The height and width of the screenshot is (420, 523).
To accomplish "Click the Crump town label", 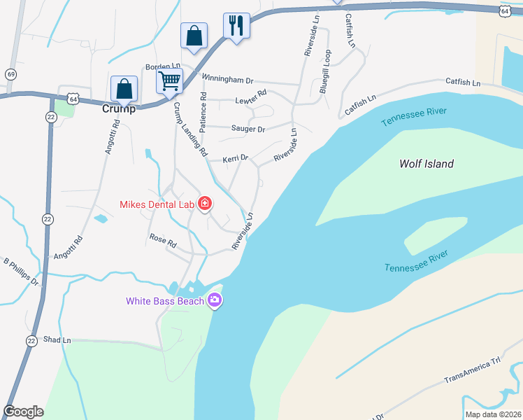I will tap(118, 108).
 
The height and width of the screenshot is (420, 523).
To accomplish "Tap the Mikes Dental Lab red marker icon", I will tap(205, 204).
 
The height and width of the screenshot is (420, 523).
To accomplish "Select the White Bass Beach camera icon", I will tap(214, 301).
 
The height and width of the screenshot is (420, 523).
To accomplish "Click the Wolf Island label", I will tap(426, 164).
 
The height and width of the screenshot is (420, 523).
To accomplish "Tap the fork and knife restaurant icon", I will tap(236, 26).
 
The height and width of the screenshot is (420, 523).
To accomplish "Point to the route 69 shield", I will tap(10, 74).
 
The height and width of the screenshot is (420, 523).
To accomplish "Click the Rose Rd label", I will tap(163, 239).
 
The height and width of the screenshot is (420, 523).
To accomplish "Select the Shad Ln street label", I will tap(57, 339).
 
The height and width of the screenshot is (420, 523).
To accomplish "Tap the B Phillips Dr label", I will tap(21, 272).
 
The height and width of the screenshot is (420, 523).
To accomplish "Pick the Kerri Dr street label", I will tap(235, 158).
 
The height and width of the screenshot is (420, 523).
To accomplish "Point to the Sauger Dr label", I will tap(248, 129).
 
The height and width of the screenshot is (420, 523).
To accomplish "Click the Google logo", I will tap(23, 412).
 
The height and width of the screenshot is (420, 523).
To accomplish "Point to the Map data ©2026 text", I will tap(494, 414).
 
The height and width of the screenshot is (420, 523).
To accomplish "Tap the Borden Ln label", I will tap(162, 66).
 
